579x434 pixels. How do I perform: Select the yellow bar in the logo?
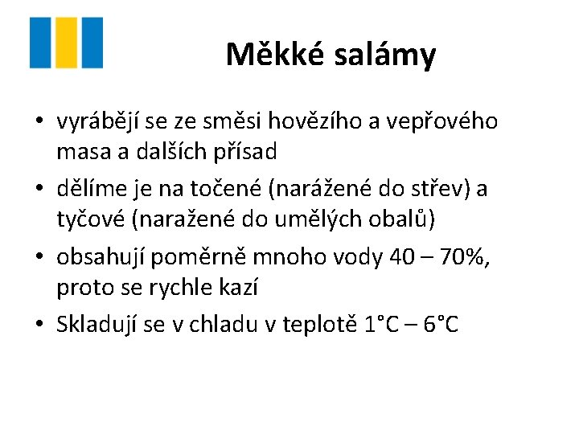pyautogui.click(x=67, y=43)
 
